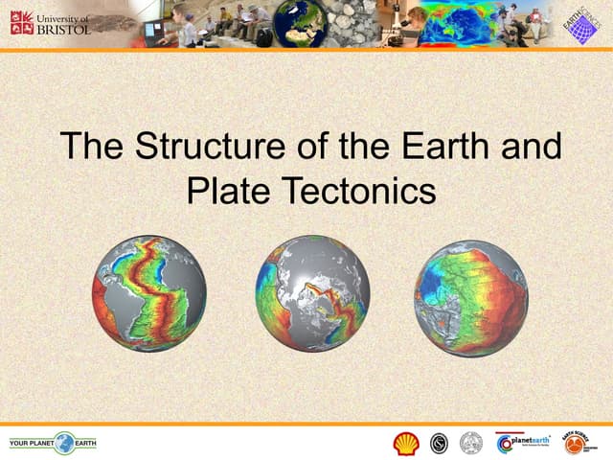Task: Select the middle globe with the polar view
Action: [x=312, y=292]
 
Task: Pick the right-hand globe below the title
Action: [x=470, y=298]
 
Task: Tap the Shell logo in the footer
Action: [x=406, y=443]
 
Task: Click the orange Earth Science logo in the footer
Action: [x=575, y=443]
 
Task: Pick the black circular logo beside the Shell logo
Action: [x=439, y=443]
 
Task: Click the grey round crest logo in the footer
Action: [x=469, y=443]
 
